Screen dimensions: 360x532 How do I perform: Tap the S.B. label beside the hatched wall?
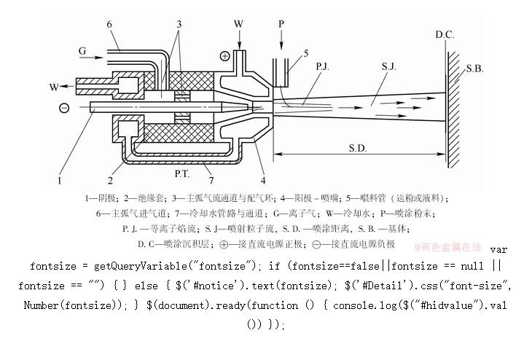click(475, 69)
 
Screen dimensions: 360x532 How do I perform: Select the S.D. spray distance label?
click(357, 149)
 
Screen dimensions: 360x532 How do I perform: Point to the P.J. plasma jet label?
click(324, 67)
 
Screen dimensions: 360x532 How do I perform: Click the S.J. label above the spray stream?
click(388, 67)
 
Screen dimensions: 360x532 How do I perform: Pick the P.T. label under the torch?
click(183, 174)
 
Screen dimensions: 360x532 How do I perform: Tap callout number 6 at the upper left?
click(109, 25)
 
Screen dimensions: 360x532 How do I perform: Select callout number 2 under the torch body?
click(110, 179)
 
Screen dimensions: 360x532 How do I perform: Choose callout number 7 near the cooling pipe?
click(211, 179)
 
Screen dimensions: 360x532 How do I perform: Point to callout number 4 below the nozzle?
click(262, 179)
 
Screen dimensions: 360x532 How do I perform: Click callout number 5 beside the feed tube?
click(305, 52)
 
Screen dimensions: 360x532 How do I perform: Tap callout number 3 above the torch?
click(177, 25)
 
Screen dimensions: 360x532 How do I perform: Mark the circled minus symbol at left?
click(64, 108)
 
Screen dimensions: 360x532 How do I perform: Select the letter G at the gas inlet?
click(82, 52)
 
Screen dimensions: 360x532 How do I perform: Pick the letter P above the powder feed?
click(281, 24)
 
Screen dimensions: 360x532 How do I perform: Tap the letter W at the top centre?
click(239, 24)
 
